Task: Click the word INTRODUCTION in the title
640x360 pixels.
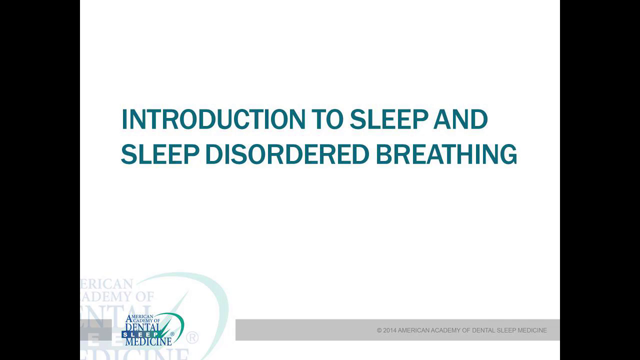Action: [213, 119]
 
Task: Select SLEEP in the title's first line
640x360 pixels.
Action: [388, 119]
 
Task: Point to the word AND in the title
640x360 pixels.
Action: [460, 119]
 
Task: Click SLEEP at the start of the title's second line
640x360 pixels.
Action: [159, 154]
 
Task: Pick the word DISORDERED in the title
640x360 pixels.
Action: [285, 154]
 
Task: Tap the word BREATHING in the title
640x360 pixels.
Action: [446, 154]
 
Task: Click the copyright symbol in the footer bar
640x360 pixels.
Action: [379, 330]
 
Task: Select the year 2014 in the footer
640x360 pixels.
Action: [389, 330]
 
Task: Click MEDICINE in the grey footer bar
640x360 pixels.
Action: [532, 330]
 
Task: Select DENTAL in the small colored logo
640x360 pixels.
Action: [142, 327]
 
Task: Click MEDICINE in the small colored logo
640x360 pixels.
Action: [148, 341]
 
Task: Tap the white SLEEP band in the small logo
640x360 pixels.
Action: [140, 334]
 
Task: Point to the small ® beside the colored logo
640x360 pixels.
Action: [172, 333]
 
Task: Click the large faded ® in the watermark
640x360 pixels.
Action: [192, 337]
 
